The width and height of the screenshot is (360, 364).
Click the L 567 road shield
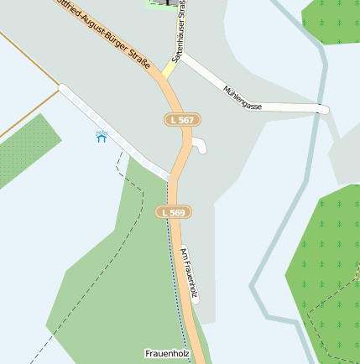[x=179, y=121]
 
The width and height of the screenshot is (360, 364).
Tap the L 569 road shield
[x=174, y=213]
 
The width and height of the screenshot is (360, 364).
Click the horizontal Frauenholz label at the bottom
[x=167, y=354]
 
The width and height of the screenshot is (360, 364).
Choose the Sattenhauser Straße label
[x=179, y=34]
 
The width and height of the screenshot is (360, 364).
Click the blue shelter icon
[x=102, y=137]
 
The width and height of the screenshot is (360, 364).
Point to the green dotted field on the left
[x=25, y=152]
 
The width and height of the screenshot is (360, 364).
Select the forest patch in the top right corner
[x=331, y=21]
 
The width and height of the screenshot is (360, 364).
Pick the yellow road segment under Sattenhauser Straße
[x=169, y=70]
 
